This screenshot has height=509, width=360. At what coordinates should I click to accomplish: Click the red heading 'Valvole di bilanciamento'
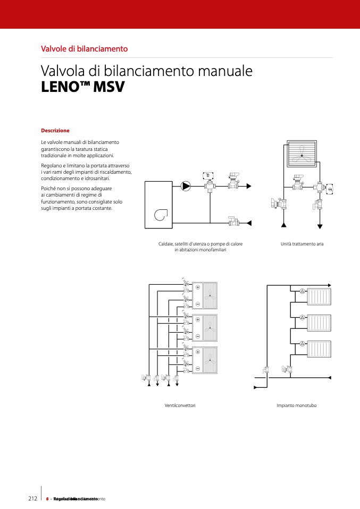coord(84,48)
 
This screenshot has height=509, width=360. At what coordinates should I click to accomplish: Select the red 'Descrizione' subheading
coord(55,130)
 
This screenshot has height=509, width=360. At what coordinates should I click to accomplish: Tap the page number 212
coord(32,498)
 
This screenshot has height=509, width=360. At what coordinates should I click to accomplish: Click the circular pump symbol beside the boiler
coord(186,185)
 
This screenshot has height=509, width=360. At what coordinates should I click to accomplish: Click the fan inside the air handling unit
coord(302,155)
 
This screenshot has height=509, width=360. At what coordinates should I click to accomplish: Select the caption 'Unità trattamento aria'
coord(302,244)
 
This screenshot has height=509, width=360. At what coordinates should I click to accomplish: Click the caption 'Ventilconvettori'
coord(180,405)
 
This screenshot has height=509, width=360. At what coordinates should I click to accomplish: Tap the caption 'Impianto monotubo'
coord(296,405)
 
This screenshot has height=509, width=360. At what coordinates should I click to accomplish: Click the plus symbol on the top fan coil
coord(198,287)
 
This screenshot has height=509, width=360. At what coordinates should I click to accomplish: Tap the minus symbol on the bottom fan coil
coord(198,369)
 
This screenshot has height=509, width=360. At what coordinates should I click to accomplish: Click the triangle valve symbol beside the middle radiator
coord(302,317)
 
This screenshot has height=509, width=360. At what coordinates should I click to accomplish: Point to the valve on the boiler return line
coord(232,222)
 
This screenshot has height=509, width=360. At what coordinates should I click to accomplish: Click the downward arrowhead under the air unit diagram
coord(320,226)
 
